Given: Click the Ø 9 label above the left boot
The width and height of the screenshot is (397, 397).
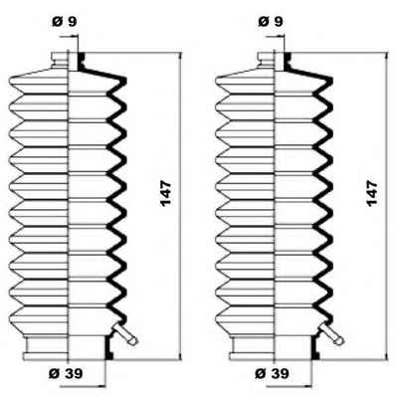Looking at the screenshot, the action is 65,22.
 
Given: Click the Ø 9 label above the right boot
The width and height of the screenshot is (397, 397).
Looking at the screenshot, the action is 271,22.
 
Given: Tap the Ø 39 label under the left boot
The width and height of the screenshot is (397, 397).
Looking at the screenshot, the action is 66,374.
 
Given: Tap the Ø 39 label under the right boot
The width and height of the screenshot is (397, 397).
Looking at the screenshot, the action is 272,374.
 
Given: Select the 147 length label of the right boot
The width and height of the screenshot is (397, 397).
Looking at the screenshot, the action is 372,193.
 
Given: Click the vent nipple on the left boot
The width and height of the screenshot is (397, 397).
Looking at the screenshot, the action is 125,334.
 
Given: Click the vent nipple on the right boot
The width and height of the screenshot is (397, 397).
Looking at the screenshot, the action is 332,334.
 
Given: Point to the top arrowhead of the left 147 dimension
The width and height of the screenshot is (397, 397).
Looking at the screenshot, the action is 180,57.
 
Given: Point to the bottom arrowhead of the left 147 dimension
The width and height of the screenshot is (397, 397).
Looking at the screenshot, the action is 180,354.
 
